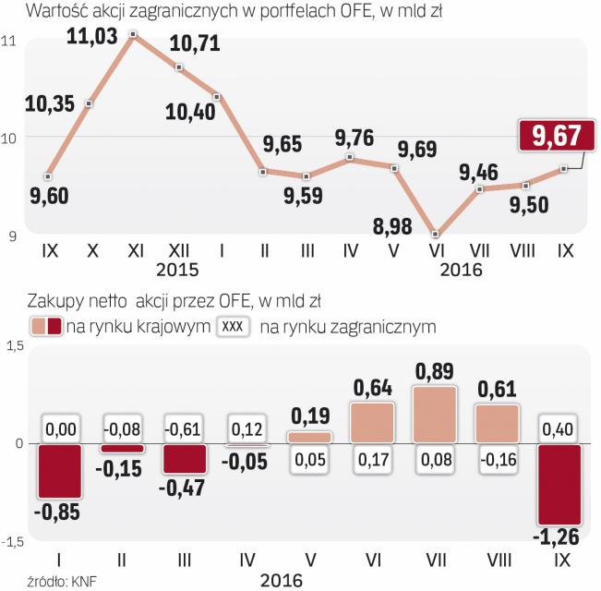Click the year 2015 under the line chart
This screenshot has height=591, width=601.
(x=177, y=270)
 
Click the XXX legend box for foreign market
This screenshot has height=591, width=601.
(x=234, y=327)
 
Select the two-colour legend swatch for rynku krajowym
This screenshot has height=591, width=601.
(x=46, y=327)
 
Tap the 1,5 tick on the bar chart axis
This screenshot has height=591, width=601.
(x=14, y=345)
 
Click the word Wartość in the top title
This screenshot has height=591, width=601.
(x=59, y=11)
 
